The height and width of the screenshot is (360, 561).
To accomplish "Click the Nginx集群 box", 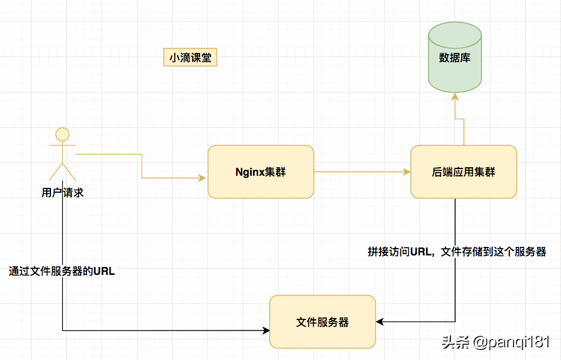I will (260, 171).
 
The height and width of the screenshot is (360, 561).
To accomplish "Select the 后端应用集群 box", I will (464, 171).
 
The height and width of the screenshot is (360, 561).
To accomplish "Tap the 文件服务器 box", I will (322, 322).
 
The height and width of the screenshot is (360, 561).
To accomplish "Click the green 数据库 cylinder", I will (455, 58).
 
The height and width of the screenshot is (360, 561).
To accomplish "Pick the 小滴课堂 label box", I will (190, 58).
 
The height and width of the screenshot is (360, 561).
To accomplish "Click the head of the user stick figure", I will (63, 134).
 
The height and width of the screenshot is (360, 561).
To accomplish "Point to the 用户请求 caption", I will (63, 193).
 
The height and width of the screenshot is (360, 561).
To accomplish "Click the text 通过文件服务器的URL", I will (62, 272).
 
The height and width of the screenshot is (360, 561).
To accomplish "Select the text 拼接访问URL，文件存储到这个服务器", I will (456, 252).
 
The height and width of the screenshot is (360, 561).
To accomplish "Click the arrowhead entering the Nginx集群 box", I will (203, 178).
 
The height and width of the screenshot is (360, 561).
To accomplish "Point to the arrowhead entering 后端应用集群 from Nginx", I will (407, 172).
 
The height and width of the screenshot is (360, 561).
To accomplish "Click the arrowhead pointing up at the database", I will (455, 96).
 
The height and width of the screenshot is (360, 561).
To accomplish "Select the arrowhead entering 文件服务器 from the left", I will (266, 331).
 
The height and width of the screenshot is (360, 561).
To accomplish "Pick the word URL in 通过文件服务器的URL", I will (104, 272).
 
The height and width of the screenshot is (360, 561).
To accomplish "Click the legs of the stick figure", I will (63, 167).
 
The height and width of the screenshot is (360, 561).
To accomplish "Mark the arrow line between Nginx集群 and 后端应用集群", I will (359, 172).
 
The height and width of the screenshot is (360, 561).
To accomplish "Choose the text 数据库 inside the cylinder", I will (455, 58).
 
